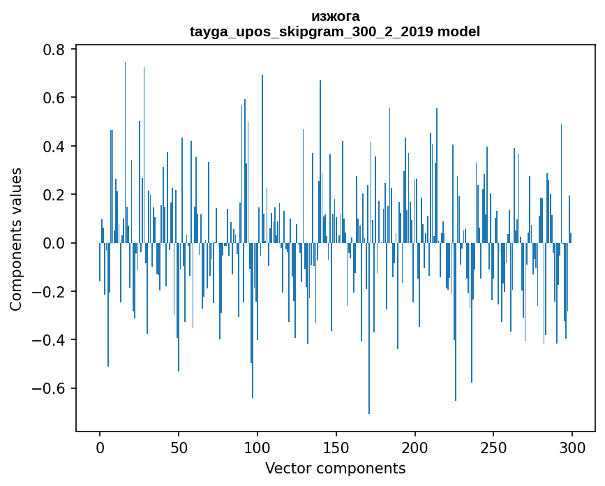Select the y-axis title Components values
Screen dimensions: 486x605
16,239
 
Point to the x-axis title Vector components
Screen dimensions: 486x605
335,468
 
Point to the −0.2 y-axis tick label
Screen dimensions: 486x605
49,292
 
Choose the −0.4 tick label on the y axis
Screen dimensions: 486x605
49,340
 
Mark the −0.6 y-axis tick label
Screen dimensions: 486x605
49,388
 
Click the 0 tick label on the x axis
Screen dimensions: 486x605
100,447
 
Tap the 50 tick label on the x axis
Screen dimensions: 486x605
179,447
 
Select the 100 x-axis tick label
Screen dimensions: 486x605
257,447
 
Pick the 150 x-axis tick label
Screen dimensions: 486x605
336,447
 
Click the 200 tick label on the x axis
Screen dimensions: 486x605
415,447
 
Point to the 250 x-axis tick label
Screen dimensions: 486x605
493,447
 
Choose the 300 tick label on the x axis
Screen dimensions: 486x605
572,447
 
